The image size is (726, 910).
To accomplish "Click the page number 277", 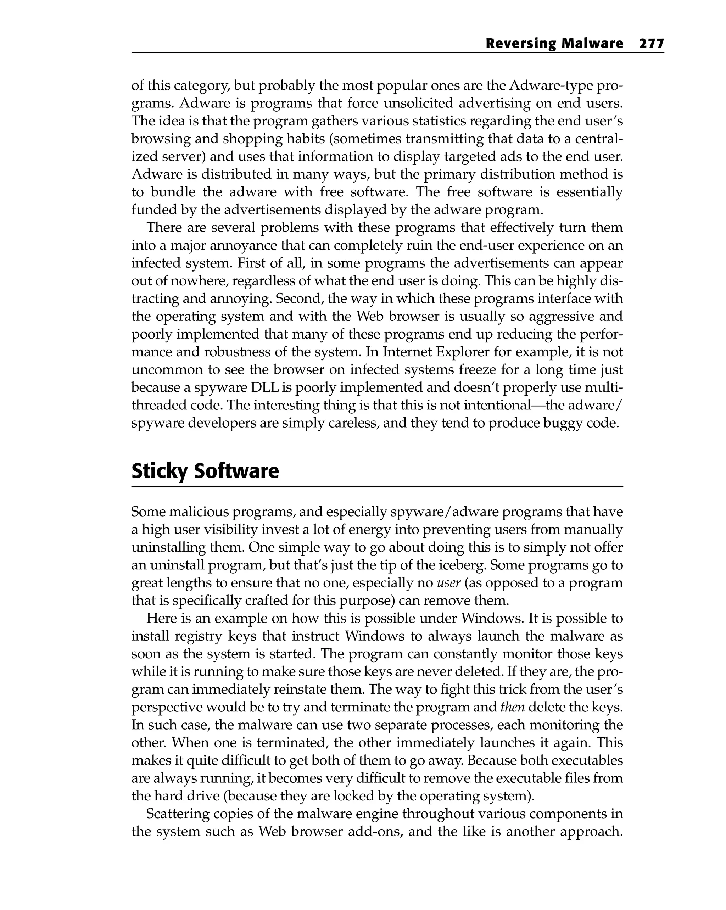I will tap(651, 44).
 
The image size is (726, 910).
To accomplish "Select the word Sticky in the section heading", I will tap(159, 471).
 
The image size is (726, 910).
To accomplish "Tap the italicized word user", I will tap(448, 583).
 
